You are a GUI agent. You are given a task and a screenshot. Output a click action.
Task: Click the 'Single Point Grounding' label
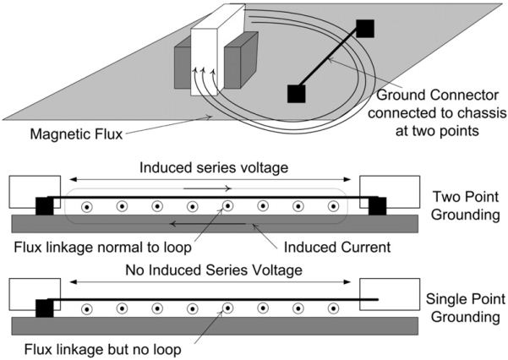[462, 309]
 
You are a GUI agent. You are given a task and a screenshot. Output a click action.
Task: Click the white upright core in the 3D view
[206, 59]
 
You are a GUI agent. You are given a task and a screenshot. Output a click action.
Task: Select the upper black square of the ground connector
[364, 28]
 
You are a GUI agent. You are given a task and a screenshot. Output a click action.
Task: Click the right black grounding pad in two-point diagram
[376, 205]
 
